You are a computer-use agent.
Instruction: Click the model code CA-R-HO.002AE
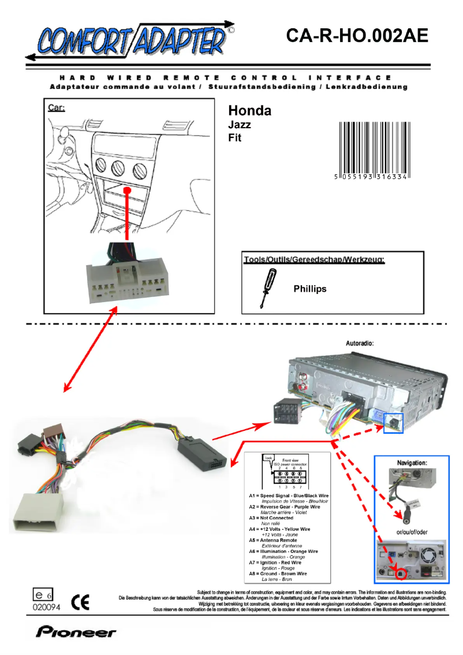coord(357,36)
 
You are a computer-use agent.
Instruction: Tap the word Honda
coord(249,111)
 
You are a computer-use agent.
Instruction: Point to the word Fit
coord(235,137)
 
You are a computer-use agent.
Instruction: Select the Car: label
coord(57,107)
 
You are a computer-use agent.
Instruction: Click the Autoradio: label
coord(360,343)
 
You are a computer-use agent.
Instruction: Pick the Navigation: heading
coord(412,463)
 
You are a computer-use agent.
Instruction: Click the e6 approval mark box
coord(42,594)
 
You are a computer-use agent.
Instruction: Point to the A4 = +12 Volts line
coord(280,529)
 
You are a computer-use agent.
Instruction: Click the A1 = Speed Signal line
coord(289,496)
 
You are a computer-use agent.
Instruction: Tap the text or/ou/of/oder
coord(411,531)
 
